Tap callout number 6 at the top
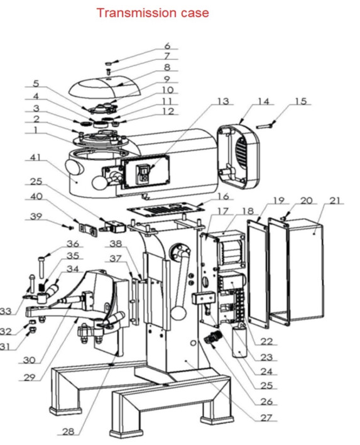tap(167, 46)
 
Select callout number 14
tap(263, 101)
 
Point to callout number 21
tap(335, 201)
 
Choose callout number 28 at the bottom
tap(68, 432)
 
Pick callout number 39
tap(36, 216)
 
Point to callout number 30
tap(28, 361)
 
